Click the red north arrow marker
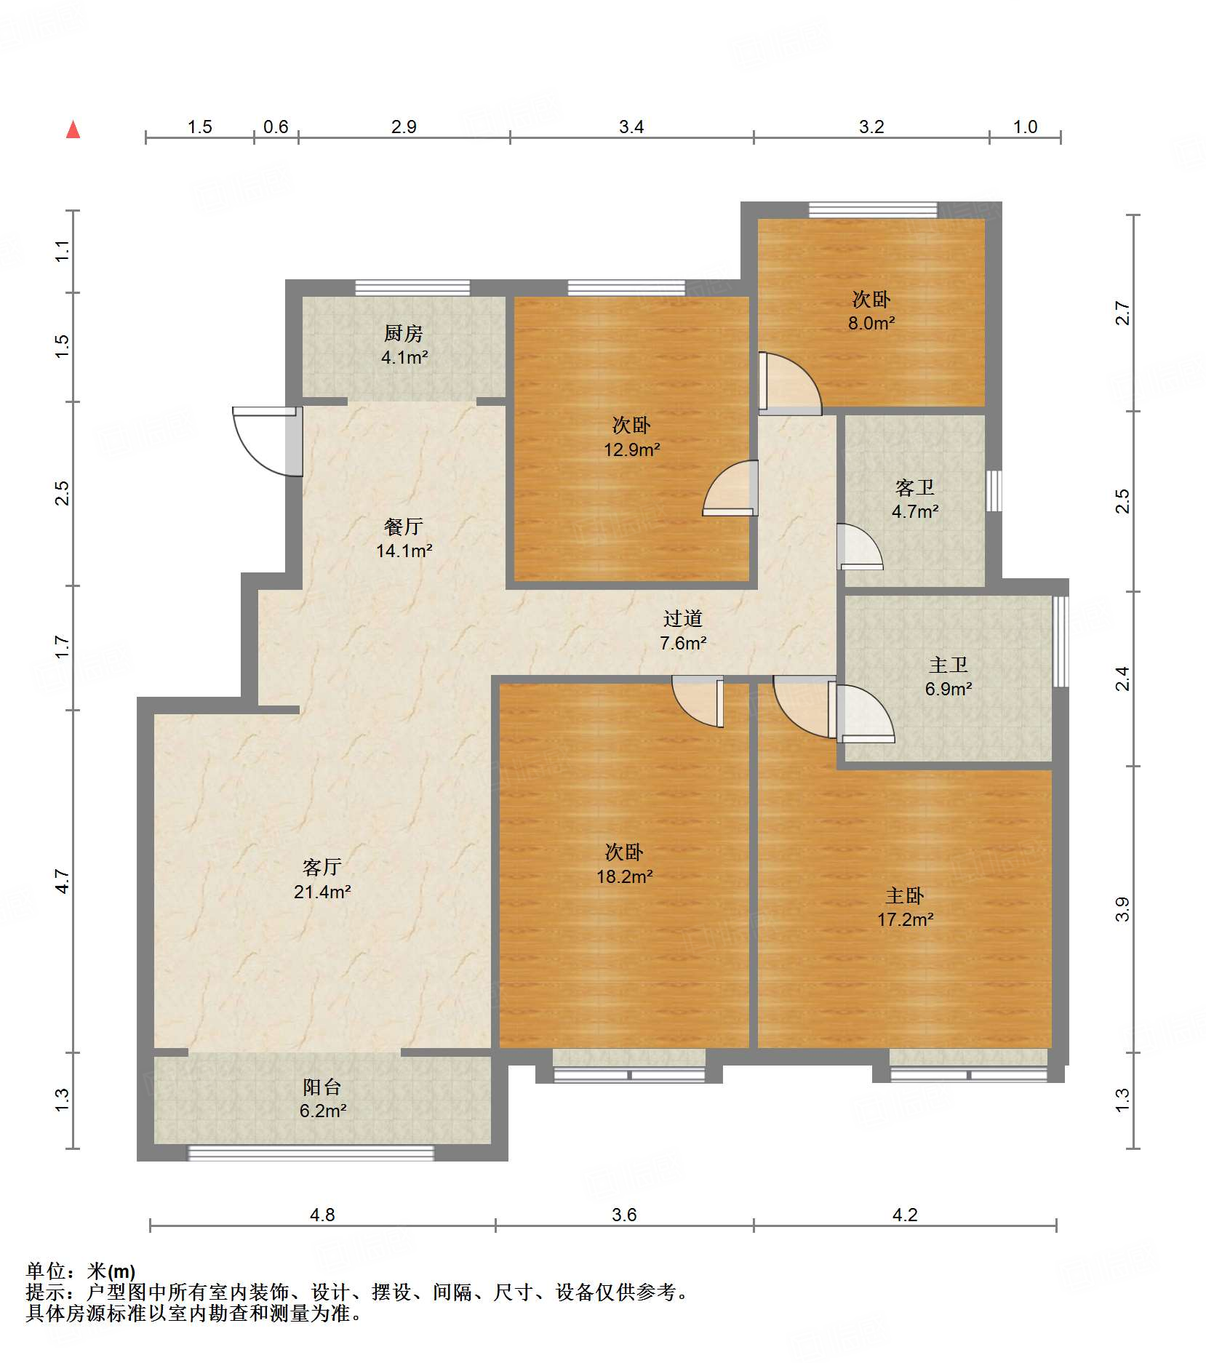point(73,129)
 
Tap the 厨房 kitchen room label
point(404,333)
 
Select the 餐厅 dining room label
point(404,526)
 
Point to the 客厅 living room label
point(322,866)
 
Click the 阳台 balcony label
point(322,1087)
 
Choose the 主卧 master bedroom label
point(905,895)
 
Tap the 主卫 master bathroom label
point(949,665)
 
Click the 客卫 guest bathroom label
point(915,487)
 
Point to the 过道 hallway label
point(683,618)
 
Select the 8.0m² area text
point(871,323)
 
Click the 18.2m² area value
point(625,876)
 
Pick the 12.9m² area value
point(632,449)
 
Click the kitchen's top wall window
point(412,288)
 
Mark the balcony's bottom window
point(311,1153)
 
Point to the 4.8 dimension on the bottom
point(322,1215)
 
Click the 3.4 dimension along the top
point(631,127)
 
